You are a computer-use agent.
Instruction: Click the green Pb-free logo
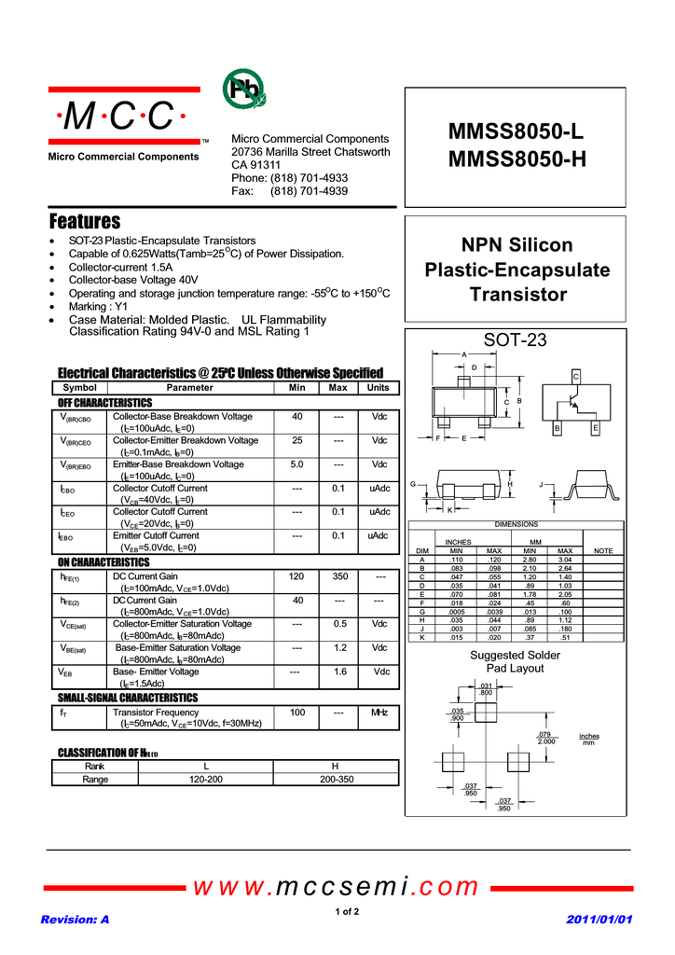[243, 90]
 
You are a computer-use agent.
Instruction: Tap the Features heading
[85, 222]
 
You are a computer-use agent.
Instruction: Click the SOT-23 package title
[516, 340]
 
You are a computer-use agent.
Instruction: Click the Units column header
[379, 387]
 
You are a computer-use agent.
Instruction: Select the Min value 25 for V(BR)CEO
[296, 440]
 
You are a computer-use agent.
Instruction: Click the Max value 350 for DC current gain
[339, 577]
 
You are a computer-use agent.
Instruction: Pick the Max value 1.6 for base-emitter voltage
[339, 671]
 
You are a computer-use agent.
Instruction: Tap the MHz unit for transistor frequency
[379, 713]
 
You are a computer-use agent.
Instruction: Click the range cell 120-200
[206, 779]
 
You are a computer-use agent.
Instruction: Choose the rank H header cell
[335, 766]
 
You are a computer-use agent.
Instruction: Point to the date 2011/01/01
[599, 920]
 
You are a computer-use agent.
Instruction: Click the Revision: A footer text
[75, 920]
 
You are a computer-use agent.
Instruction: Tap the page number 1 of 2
[346, 911]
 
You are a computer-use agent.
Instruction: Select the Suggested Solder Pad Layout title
[515, 661]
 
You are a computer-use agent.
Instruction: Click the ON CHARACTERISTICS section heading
[103, 562]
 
